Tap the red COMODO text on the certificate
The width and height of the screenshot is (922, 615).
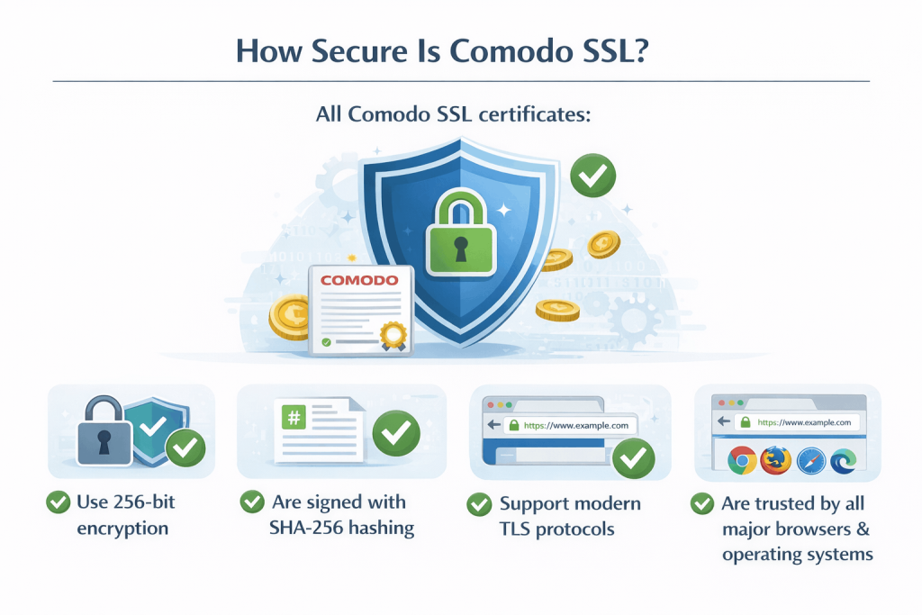(x=358, y=281)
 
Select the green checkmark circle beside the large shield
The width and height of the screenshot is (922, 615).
(x=592, y=176)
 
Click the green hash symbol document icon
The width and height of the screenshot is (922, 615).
(x=294, y=418)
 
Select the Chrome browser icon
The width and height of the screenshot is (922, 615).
(x=741, y=460)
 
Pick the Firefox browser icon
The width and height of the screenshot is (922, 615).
(x=775, y=460)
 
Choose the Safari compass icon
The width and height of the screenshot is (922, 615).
(x=810, y=460)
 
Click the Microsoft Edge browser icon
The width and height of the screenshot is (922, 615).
(x=843, y=460)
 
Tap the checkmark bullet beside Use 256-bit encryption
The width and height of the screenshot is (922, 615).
(x=59, y=502)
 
